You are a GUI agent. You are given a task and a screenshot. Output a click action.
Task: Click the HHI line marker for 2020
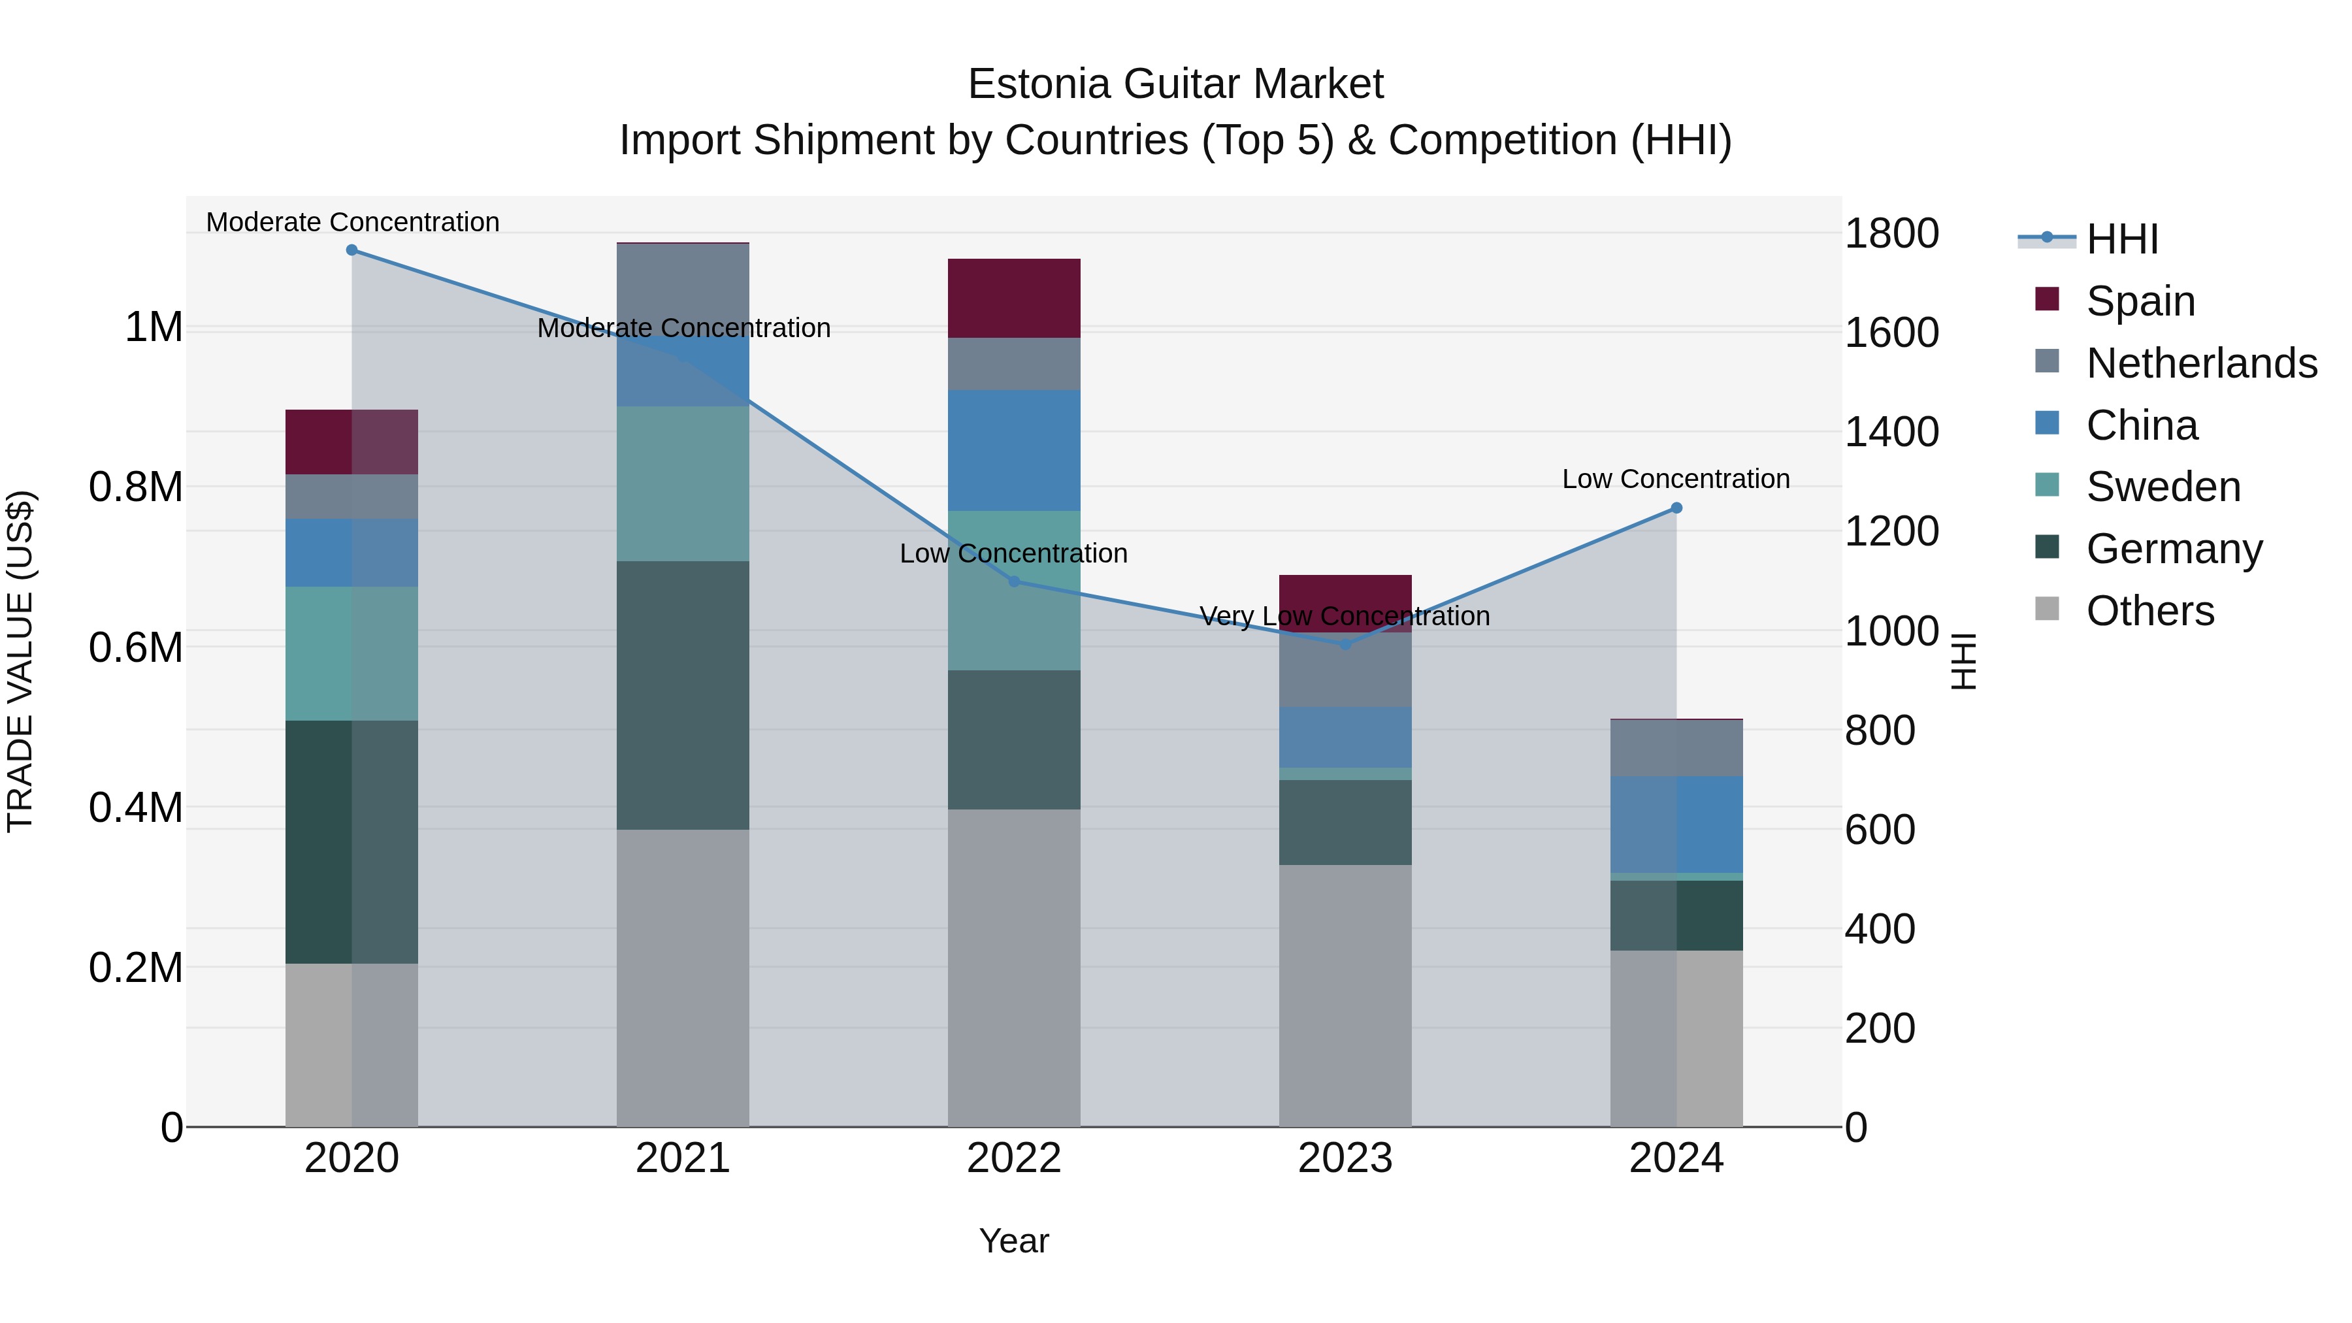(x=351, y=250)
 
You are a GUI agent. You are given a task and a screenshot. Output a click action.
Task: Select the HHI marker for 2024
(x=1676, y=508)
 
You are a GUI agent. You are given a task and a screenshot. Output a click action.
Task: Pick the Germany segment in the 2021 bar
(x=683, y=695)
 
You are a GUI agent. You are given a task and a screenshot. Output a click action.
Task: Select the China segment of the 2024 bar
(x=1676, y=825)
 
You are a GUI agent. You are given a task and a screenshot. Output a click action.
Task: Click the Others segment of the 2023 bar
(x=1345, y=995)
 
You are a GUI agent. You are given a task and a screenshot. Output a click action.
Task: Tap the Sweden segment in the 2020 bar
(x=351, y=654)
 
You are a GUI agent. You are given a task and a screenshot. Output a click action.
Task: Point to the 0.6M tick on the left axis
(x=136, y=648)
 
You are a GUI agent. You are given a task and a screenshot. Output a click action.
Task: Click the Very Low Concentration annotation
(x=1345, y=616)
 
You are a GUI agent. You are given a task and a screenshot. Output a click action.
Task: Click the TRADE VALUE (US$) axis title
(x=21, y=661)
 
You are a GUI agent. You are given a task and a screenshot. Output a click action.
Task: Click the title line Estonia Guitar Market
(x=1175, y=84)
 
